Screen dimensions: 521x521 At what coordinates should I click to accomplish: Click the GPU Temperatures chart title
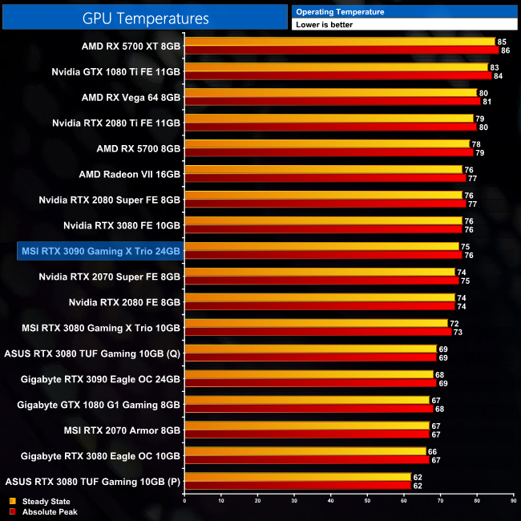pyautogui.click(x=146, y=18)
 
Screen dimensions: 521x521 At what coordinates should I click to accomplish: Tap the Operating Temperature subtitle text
pyautogui.click(x=340, y=12)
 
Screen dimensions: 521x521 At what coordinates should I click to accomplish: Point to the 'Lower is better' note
pyautogui.click(x=324, y=25)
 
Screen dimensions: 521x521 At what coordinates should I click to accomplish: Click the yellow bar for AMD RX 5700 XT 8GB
pyautogui.click(x=339, y=41)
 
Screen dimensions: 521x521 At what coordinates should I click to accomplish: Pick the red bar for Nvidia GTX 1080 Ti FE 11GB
pyautogui.click(x=337, y=76)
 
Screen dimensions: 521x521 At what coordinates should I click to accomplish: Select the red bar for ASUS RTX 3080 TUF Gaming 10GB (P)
pyautogui.click(x=297, y=486)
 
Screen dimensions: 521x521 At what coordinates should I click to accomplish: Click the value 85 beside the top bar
pyautogui.click(x=502, y=41)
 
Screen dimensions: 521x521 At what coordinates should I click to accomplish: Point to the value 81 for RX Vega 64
pyautogui.click(x=487, y=102)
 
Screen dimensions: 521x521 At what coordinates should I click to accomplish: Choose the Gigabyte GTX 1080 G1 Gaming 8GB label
pyautogui.click(x=99, y=405)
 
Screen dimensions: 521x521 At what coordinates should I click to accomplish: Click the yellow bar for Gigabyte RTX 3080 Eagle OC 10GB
pyautogui.click(x=305, y=451)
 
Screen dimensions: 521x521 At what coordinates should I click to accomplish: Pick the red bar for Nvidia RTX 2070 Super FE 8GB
pyautogui.click(x=321, y=281)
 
